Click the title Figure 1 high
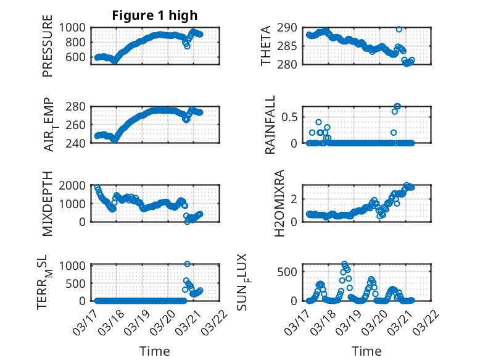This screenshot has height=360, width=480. click(154, 15)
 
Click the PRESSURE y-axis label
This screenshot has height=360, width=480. click(48, 51)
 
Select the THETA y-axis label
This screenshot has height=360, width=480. click(266, 46)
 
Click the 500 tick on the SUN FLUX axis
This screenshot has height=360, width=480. click(292, 272)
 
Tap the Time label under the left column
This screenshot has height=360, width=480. click(154, 351)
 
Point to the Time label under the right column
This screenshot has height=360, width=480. click(366, 351)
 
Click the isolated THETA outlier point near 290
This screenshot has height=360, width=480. click(399, 29)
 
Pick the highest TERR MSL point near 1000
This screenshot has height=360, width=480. click(187, 264)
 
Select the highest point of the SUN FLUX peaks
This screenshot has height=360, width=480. click(344, 264)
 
